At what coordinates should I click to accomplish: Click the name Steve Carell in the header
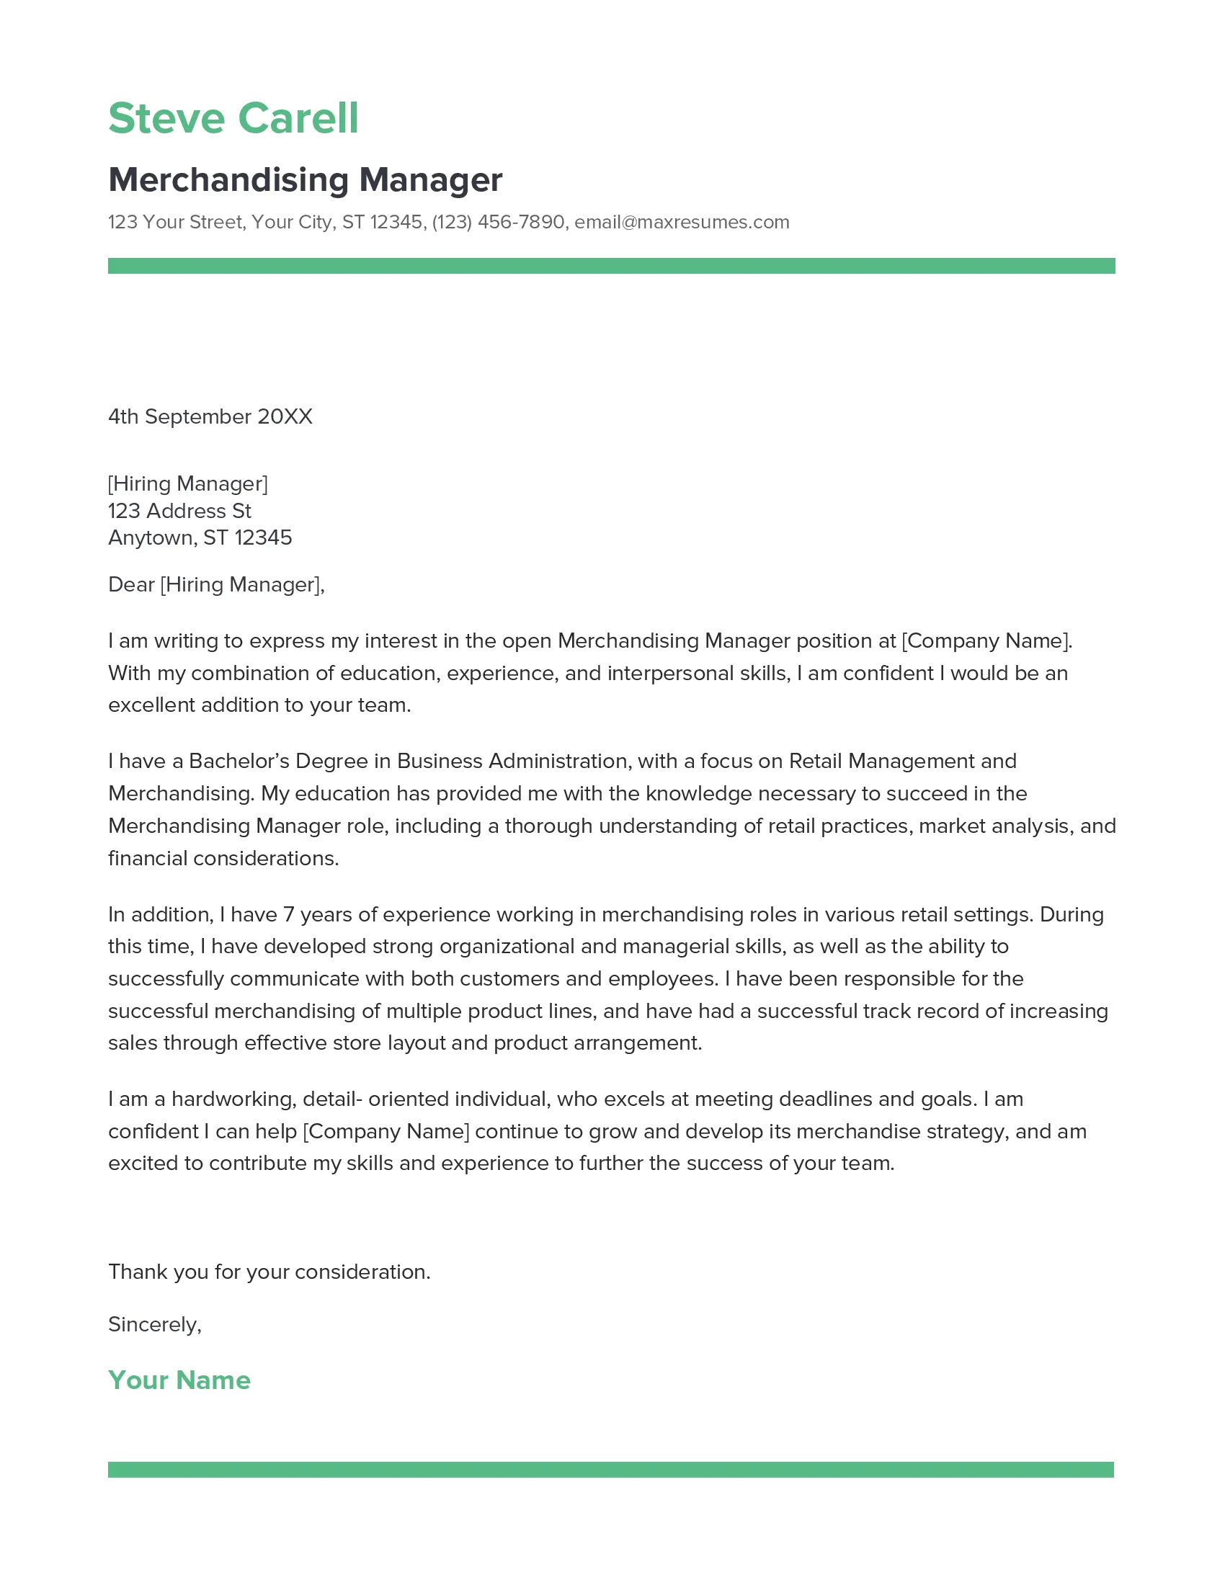(233, 118)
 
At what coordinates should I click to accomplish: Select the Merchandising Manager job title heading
(305, 180)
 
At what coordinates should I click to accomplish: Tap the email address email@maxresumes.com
(682, 222)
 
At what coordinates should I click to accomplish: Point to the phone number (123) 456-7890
(498, 222)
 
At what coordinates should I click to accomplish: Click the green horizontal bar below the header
(611, 266)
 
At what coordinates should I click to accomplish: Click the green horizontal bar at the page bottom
(611, 1470)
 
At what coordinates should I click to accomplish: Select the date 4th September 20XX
(210, 416)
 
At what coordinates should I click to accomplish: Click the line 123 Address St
(179, 511)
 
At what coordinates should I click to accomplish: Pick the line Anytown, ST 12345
(200, 537)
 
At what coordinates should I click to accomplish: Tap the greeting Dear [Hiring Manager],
(216, 585)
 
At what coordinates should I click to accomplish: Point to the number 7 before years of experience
(288, 914)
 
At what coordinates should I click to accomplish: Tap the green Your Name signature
(179, 1380)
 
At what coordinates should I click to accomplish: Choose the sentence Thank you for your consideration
(269, 1272)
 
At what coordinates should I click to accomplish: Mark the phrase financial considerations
(223, 859)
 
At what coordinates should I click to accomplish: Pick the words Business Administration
(512, 762)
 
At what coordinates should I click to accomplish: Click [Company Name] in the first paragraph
(986, 640)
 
